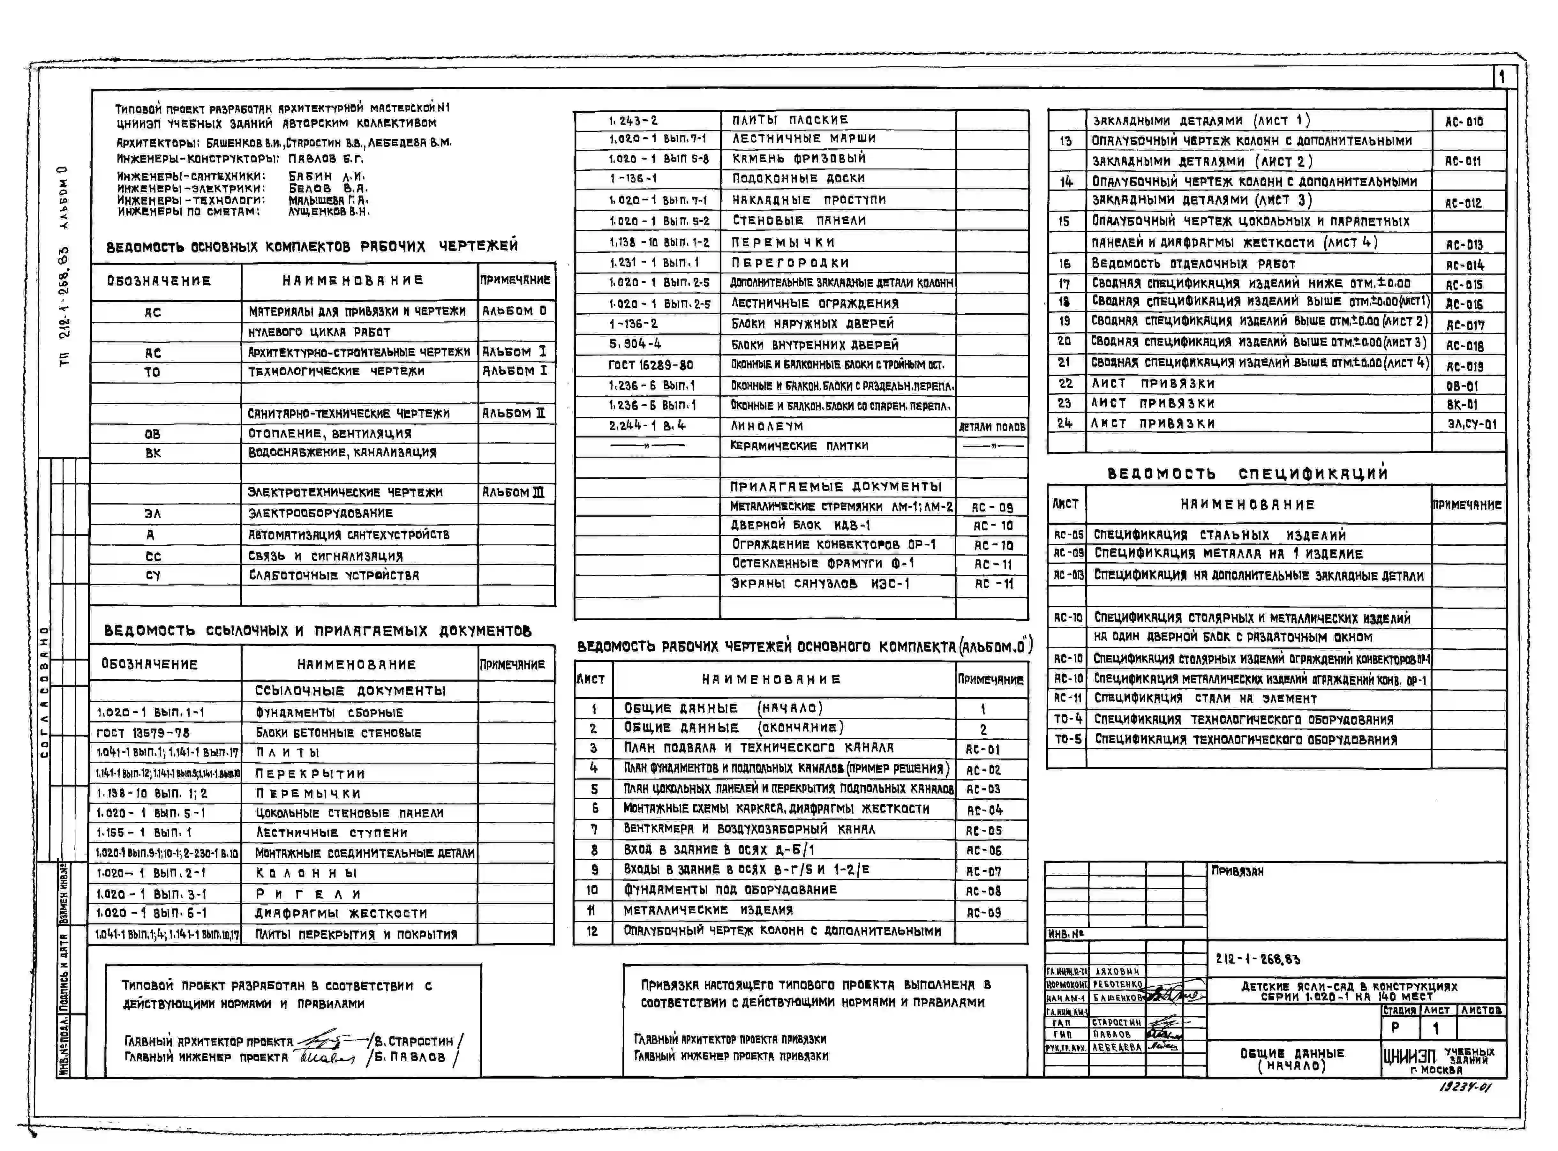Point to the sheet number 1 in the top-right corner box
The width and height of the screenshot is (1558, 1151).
click(1502, 77)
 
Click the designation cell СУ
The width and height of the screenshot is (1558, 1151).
click(153, 576)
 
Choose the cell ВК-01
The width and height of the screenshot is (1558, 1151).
click(1462, 404)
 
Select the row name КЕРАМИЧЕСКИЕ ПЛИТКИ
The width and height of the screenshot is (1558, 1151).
click(799, 446)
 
